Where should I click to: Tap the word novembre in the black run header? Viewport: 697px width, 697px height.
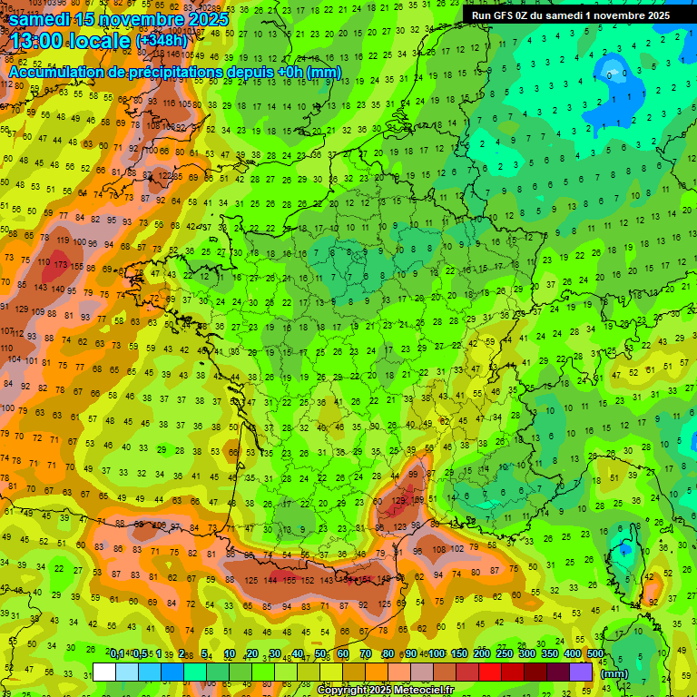[x=616, y=15]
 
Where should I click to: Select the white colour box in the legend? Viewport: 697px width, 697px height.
[x=104, y=672]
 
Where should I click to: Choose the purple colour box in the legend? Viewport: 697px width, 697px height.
[x=581, y=672]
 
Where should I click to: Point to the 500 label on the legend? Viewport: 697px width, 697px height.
[x=595, y=654]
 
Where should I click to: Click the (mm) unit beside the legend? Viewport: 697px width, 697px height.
[x=614, y=673]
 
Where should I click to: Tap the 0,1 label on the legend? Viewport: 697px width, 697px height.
[x=117, y=654]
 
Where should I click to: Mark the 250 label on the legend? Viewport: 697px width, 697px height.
[x=505, y=654]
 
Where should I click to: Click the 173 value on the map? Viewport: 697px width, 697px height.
[x=61, y=264]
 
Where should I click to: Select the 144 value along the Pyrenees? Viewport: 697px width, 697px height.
[x=270, y=579]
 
